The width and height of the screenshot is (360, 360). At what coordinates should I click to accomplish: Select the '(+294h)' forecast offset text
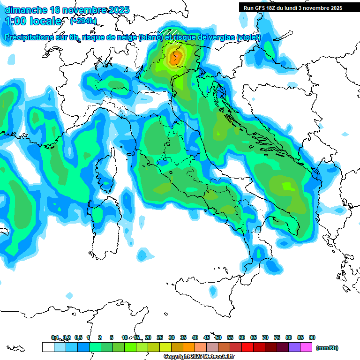(83, 21)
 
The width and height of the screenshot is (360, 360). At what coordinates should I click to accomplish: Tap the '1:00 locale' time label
(33, 21)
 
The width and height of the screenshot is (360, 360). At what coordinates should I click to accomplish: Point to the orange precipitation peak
(176, 58)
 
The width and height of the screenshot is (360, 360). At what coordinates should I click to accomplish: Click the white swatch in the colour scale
(48, 347)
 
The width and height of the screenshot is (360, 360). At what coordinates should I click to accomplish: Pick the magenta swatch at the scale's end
(307, 347)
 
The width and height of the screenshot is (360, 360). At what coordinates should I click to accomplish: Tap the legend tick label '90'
(312, 338)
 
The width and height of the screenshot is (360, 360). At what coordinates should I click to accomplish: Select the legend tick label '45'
(207, 338)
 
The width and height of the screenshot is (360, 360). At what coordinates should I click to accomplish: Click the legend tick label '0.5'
(78, 338)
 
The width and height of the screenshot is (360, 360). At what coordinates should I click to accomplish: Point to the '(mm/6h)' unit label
(327, 348)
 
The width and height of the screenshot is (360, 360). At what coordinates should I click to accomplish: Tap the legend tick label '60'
(242, 338)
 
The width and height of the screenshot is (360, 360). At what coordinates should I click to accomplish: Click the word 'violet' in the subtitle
(248, 37)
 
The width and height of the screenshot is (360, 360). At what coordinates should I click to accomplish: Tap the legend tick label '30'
(172, 338)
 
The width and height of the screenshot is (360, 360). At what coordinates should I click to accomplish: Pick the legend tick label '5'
(112, 338)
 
